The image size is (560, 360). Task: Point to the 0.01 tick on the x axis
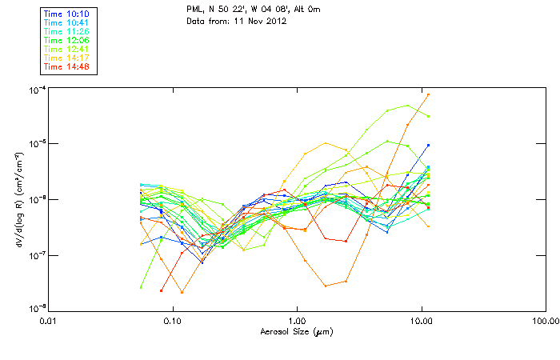coord(48,322)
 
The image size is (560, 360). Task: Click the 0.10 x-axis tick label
coord(172,322)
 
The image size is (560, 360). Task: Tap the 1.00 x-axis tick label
coord(297,322)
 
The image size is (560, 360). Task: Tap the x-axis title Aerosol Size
coord(296,331)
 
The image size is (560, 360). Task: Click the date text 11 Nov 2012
coord(258,21)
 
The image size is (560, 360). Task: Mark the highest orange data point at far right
coord(428,94)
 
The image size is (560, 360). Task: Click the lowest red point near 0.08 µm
coord(162,290)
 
